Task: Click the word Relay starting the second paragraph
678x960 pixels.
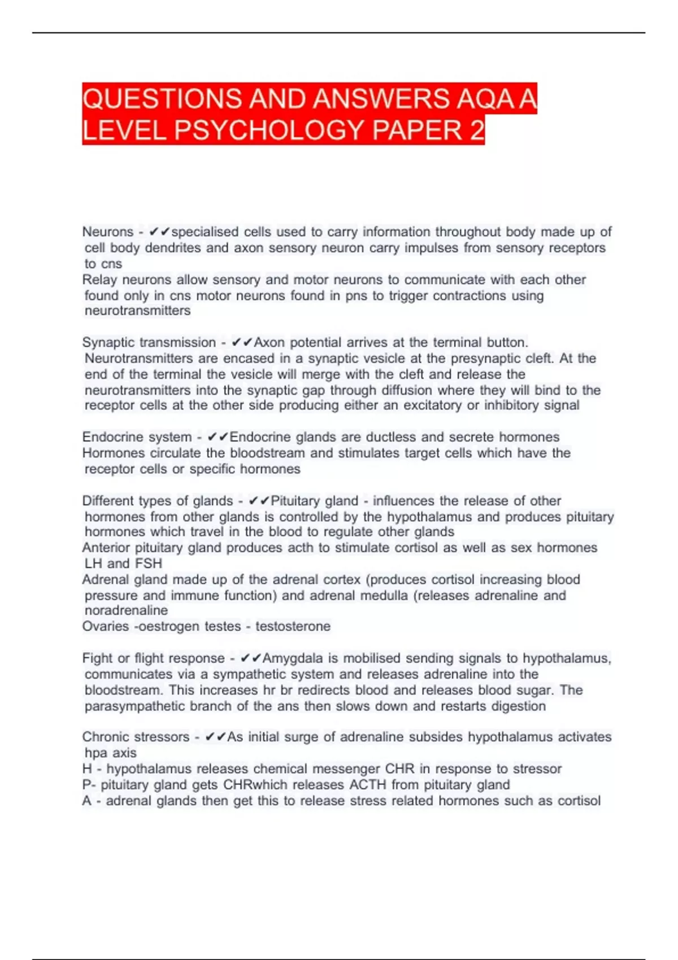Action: coord(99,280)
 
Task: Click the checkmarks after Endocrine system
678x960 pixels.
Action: coord(218,437)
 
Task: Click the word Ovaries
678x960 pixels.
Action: coord(105,626)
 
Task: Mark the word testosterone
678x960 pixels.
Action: coord(293,626)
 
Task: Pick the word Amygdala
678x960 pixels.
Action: coord(293,658)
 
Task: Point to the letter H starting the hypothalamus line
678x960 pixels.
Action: coord(87,769)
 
